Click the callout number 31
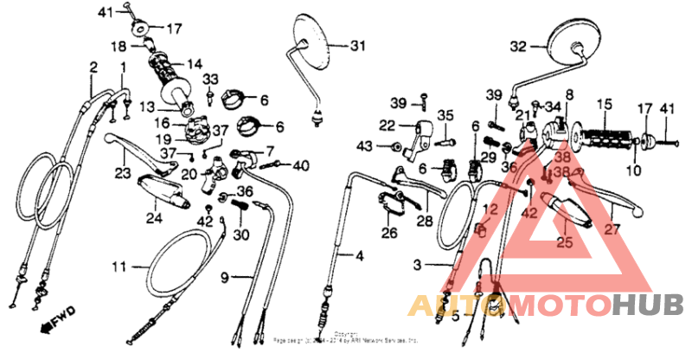pyautogui.click(x=357, y=46)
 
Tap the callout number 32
pyautogui.click(x=517, y=47)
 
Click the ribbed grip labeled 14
pyautogui.click(x=173, y=79)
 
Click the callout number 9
pyautogui.click(x=224, y=277)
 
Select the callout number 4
pyautogui.click(x=359, y=256)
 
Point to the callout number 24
pyautogui.click(x=153, y=218)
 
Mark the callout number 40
pyautogui.click(x=300, y=165)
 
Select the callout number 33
pyautogui.click(x=210, y=80)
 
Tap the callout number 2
pyautogui.click(x=93, y=67)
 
